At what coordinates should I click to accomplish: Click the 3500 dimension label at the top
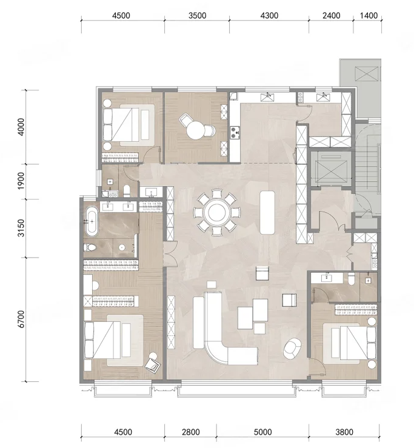197,15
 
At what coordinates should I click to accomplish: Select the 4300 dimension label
269,15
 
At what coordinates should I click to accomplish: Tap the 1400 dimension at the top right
369,15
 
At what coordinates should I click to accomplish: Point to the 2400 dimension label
332,15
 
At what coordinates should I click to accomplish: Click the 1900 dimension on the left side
21,181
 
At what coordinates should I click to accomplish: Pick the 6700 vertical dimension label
21,319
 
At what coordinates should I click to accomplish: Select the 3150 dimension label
21,228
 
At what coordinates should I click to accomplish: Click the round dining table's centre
217,212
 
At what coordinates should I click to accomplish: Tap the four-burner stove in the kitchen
235,133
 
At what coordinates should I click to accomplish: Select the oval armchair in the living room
292,349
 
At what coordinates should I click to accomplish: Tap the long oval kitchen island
267,212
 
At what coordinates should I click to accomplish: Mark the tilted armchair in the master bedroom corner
153,365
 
